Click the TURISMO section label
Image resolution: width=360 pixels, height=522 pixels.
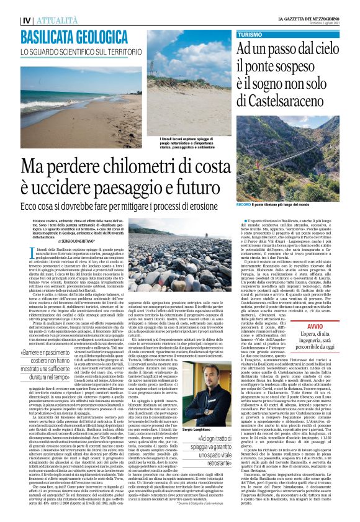pos(250,35)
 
